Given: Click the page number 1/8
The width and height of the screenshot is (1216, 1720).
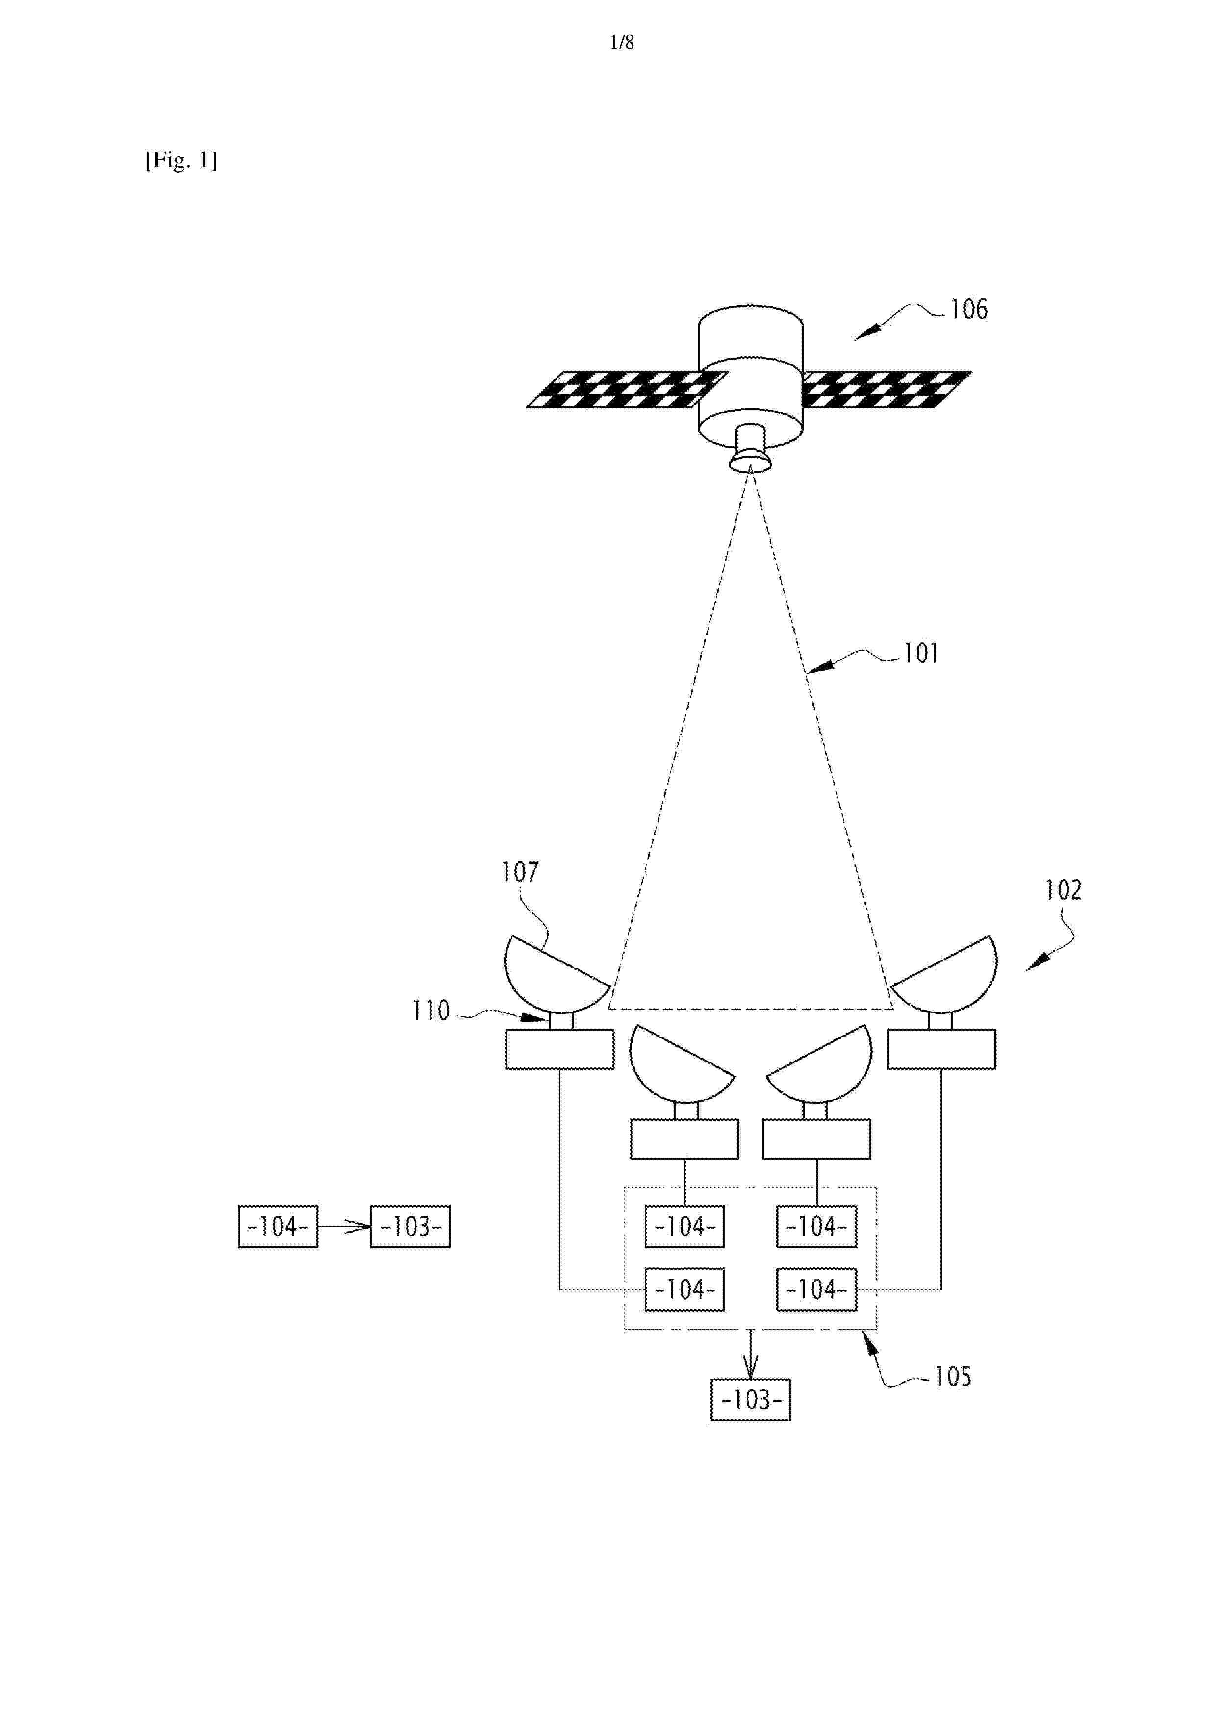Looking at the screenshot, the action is point(622,43).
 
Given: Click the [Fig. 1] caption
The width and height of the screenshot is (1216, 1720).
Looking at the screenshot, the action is point(180,160).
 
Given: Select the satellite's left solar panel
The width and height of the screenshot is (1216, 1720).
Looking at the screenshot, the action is point(626,389).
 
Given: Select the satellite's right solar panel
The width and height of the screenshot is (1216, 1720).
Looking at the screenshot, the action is point(887,389).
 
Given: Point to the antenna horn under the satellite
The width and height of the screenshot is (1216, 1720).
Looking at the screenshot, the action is point(751,449).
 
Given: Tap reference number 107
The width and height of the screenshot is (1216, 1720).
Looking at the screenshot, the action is point(520,871).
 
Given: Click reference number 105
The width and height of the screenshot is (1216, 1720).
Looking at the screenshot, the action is point(952,1376).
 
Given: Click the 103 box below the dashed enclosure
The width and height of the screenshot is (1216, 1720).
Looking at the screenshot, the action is point(751,1399).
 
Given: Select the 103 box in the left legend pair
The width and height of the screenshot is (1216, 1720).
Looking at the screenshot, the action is point(410,1226).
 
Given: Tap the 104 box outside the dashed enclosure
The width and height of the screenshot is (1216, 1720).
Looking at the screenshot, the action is point(278,1226).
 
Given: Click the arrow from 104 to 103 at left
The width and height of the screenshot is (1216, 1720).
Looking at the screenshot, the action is point(344,1226).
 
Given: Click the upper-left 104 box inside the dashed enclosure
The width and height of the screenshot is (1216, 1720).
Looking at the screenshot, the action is point(685,1226).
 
